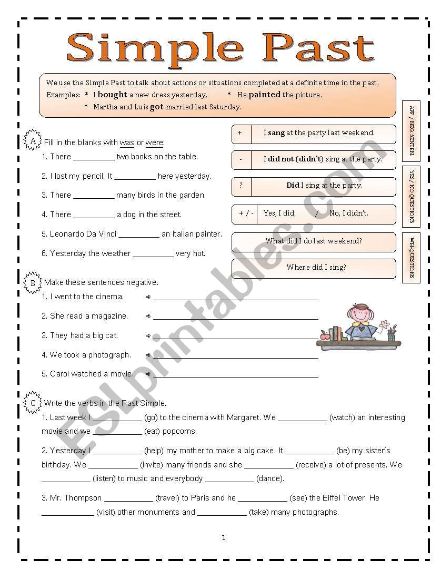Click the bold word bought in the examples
click(112, 95)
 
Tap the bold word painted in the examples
click(265, 95)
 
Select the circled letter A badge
click(33, 141)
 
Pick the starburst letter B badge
click(33, 282)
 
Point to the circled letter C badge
click(33, 403)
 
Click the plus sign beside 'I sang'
click(240, 133)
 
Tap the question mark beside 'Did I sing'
click(240, 186)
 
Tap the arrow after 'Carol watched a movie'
click(148, 374)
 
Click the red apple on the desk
click(324, 335)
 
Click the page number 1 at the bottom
click(224, 537)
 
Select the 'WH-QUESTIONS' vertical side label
click(411, 258)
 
